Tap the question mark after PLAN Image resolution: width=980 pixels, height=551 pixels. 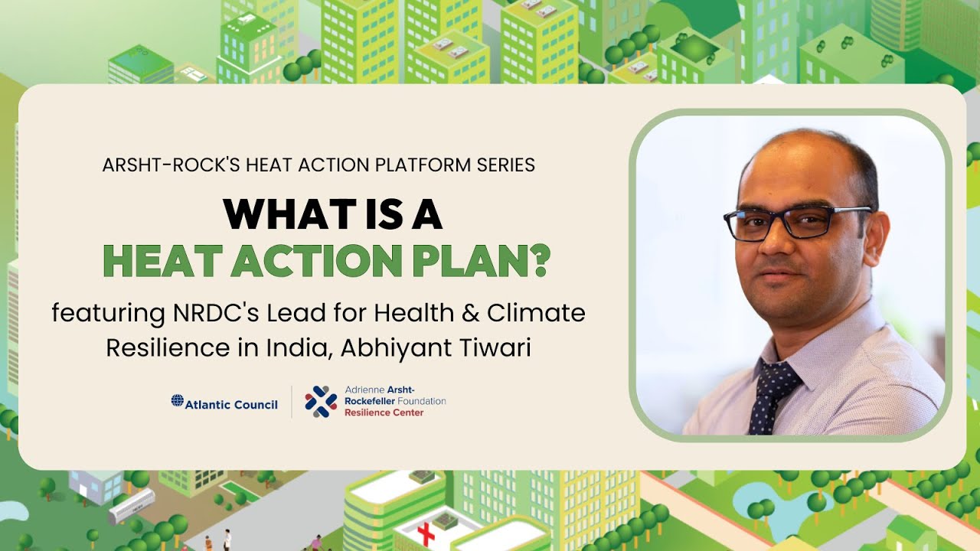[541, 261]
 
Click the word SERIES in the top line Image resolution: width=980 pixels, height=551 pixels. [505, 165]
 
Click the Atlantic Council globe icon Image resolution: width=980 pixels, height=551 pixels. [177, 400]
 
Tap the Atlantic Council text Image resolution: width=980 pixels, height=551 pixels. [231, 404]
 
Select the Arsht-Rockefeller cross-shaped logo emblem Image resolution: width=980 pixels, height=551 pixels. [321, 401]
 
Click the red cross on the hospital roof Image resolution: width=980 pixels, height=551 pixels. [426, 533]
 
